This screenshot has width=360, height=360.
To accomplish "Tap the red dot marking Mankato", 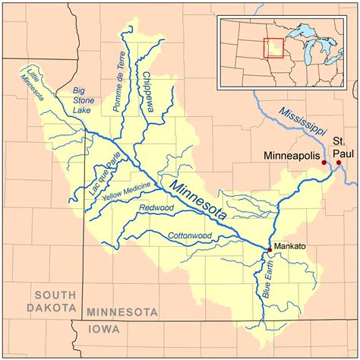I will click(270, 249).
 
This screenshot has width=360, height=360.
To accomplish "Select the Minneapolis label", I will click(291, 155).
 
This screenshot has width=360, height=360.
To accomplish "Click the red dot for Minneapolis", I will click(324, 163).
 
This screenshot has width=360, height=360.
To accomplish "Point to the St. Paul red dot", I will click(339, 163).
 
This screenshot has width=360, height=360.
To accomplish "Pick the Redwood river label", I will click(156, 207).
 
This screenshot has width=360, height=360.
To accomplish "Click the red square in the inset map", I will click(273, 47).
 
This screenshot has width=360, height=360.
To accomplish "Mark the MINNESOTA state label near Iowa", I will click(122, 312).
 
